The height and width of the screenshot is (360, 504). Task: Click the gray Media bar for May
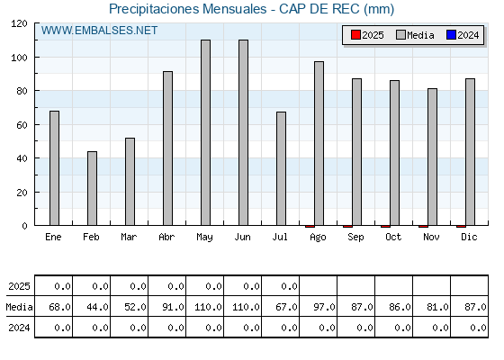pyautogui.click(x=206, y=132)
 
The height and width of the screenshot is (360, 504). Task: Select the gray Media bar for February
pyautogui.click(x=92, y=188)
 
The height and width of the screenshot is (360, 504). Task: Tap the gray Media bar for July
pyautogui.click(x=281, y=168)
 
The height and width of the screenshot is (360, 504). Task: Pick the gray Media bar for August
pyautogui.click(x=319, y=143)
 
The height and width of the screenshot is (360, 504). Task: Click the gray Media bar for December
pyautogui.click(x=470, y=152)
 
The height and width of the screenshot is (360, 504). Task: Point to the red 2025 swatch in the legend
pyautogui.click(x=355, y=35)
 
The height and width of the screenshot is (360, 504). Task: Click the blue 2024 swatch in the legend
pyautogui.click(x=451, y=35)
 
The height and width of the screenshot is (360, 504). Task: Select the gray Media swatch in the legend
pyautogui.click(x=401, y=35)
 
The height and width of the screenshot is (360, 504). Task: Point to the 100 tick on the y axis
pyautogui.click(x=21, y=58)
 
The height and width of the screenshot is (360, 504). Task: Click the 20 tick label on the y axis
pyautogui.click(x=22, y=193)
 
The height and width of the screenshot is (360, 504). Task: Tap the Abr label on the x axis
pyautogui.click(x=166, y=237)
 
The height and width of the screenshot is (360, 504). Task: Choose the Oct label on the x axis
pyautogui.click(x=393, y=237)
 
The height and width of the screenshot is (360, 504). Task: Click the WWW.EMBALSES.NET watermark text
pyautogui.click(x=99, y=31)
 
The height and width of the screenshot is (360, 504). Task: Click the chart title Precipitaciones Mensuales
pyautogui.click(x=188, y=9)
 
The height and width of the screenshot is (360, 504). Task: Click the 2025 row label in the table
pyautogui.click(x=19, y=286)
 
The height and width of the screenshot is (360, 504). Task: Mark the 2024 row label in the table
pyautogui.click(x=19, y=328)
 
